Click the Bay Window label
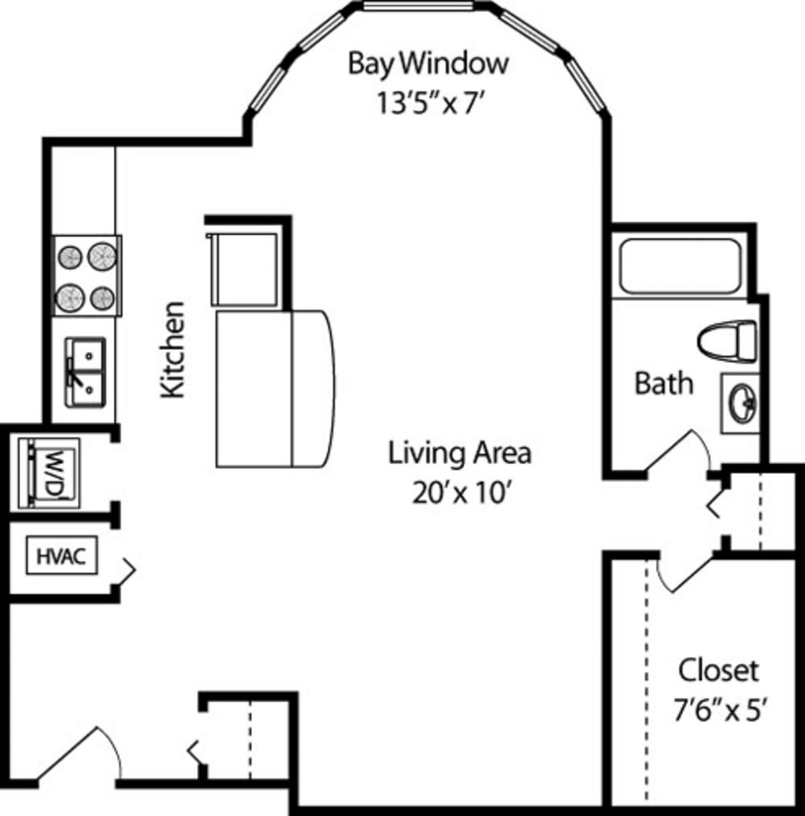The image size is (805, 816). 428,64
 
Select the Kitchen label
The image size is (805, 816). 173,349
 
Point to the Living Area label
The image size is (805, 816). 460,453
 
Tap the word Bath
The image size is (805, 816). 663,384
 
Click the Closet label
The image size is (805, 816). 718,670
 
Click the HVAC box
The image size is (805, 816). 61,555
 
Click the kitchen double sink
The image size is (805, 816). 85,371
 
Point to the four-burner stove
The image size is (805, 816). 87,276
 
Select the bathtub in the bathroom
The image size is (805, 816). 680,266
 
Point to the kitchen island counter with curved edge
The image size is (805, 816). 274,388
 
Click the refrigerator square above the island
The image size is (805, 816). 244,268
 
